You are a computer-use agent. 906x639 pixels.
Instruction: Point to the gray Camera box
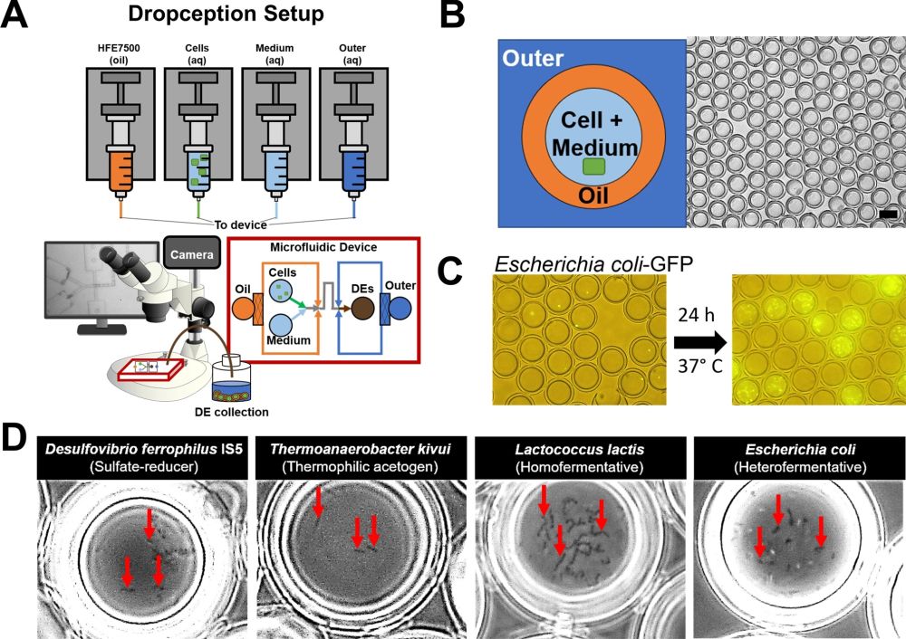tap(190, 255)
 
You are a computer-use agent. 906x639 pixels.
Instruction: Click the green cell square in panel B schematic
tap(594, 166)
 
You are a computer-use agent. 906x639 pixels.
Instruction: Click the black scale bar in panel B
tap(888, 215)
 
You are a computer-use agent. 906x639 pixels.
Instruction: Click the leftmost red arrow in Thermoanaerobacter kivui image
tap(318, 501)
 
